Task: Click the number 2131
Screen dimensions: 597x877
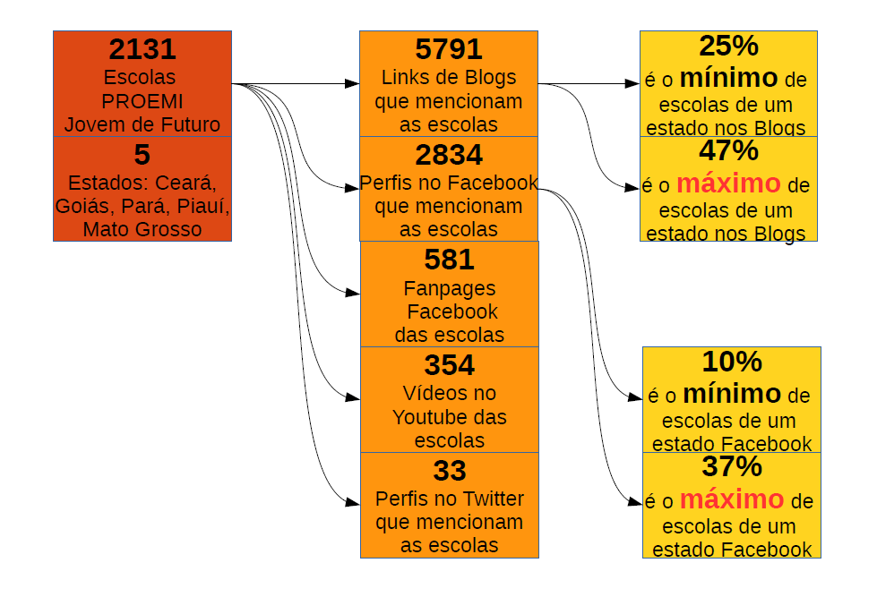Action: click(142, 49)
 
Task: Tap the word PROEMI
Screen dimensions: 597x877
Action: click(142, 100)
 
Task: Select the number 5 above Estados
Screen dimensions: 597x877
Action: click(142, 155)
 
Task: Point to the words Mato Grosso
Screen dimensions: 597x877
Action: click(142, 230)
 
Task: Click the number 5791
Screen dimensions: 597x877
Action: click(448, 49)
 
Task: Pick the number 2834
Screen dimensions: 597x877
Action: click(448, 155)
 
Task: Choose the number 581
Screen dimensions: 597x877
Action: click(449, 260)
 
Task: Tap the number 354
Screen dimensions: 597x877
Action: click(449, 365)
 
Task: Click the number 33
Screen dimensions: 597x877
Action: click(449, 471)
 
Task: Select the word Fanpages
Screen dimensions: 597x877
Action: click(449, 289)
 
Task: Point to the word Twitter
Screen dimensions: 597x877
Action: click(493, 499)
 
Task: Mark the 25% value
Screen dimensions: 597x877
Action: click(729, 46)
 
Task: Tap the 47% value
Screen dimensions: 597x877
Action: click(729, 150)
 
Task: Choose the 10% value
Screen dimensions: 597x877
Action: click(731, 362)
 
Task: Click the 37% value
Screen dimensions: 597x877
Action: click(731, 466)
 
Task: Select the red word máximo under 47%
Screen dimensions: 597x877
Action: click(727, 184)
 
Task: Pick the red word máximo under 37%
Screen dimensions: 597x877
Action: click(731, 499)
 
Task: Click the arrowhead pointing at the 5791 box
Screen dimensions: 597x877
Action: click(352, 84)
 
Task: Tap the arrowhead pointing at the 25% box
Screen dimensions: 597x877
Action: click(632, 84)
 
